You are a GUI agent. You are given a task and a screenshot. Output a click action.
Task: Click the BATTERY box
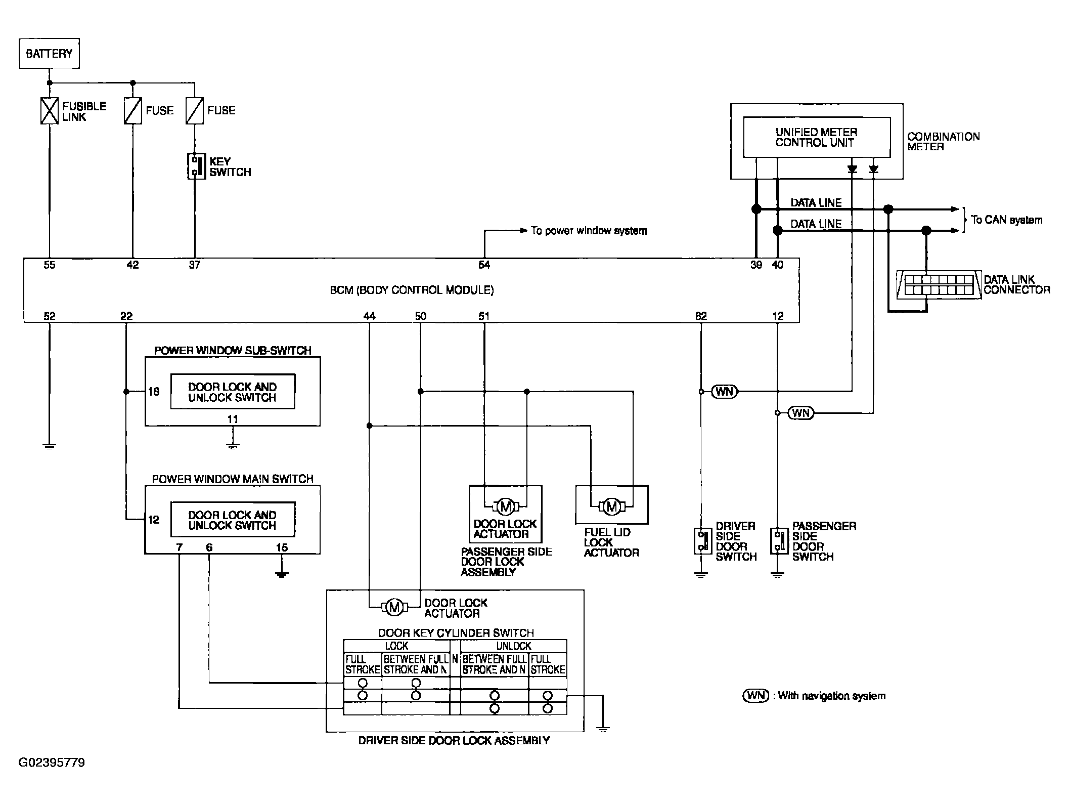pyautogui.click(x=49, y=53)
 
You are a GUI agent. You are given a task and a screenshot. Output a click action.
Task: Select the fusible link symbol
pyautogui.click(x=49, y=111)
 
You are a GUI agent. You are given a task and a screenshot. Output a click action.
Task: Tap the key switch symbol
pyautogui.click(x=195, y=166)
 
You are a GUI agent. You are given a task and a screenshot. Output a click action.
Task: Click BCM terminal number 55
pyautogui.click(x=49, y=265)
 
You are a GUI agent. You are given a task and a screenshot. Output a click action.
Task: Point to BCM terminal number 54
pyautogui.click(x=484, y=265)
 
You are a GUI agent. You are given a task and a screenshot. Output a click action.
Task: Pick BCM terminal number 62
pyautogui.click(x=701, y=316)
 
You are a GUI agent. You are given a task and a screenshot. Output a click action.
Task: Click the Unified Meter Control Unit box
pyautogui.click(x=817, y=137)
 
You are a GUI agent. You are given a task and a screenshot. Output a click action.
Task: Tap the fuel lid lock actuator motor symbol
pyautogui.click(x=612, y=506)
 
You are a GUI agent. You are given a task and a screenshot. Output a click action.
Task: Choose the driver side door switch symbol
pyautogui.click(x=701, y=541)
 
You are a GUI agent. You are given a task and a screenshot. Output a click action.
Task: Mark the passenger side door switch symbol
pyautogui.click(x=778, y=541)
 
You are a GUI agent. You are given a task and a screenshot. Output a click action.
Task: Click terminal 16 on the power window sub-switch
pyautogui.click(x=154, y=392)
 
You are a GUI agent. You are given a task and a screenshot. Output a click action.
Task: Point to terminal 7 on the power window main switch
pyautogui.click(x=179, y=547)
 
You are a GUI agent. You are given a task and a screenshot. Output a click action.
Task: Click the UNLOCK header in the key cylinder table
pyautogui.click(x=514, y=646)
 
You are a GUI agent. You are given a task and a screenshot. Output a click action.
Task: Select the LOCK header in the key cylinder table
pyautogui.click(x=396, y=646)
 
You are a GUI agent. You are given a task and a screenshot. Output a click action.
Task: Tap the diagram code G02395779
pyautogui.click(x=52, y=762)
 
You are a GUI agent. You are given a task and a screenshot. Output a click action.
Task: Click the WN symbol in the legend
pyautogui.click(x=755, y=695)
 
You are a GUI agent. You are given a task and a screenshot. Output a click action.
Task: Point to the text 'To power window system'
pyautogui.click(x=589, y=231)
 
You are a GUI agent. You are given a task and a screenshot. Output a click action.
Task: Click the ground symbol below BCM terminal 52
pyautogui.click(x=49, y=446)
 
